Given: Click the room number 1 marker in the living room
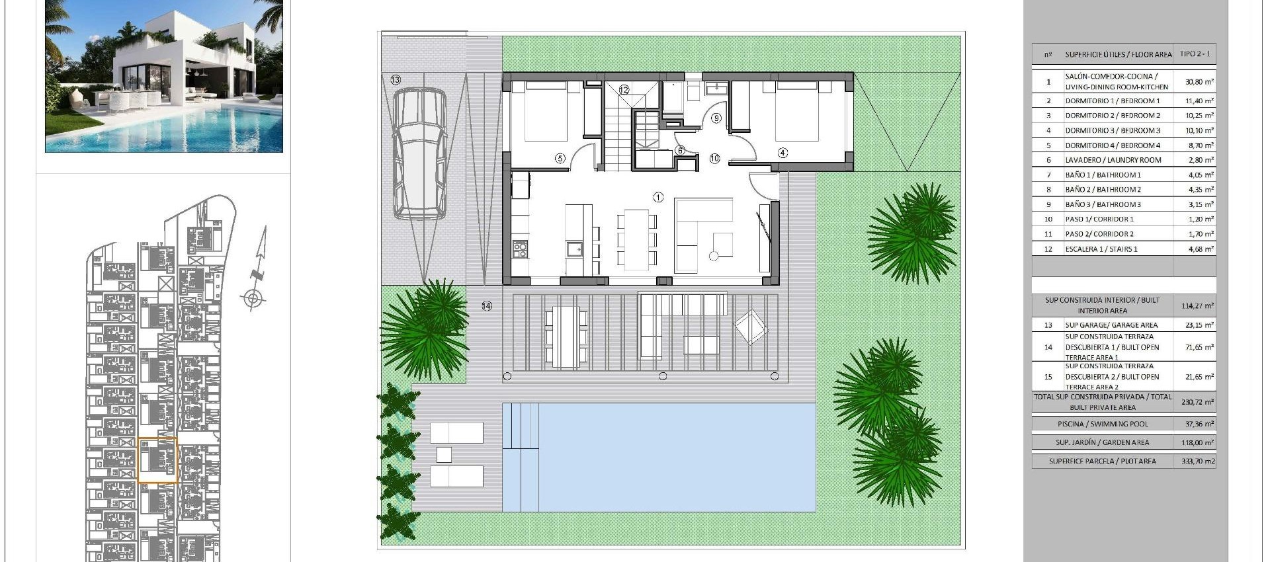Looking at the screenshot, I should [x=657, y=197].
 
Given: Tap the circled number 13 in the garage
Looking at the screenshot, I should [x=396, y=80].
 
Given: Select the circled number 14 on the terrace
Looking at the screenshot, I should [x=487, y=306].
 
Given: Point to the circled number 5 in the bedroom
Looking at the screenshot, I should [x=560, y=158].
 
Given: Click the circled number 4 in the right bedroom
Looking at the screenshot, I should [x=783, y=153].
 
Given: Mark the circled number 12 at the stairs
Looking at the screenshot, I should [x=624, y=90].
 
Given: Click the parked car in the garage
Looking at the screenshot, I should [x=419, y=153].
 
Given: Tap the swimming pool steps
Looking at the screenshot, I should [x=521, y=426].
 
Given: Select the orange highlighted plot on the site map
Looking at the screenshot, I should [x=157, y=460].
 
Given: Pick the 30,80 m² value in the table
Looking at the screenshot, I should [x=1199, y=82].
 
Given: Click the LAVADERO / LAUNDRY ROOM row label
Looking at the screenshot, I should [x=1113, y=160].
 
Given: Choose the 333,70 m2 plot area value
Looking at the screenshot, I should [x=1198, y=462].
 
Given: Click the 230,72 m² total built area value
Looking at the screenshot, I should [x=1197, y=401].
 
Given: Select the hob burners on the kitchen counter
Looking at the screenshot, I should [x=520, y=249].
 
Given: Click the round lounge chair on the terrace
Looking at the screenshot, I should [x=752, y=327].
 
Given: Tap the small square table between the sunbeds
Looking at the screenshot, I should [x=444, y=455].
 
